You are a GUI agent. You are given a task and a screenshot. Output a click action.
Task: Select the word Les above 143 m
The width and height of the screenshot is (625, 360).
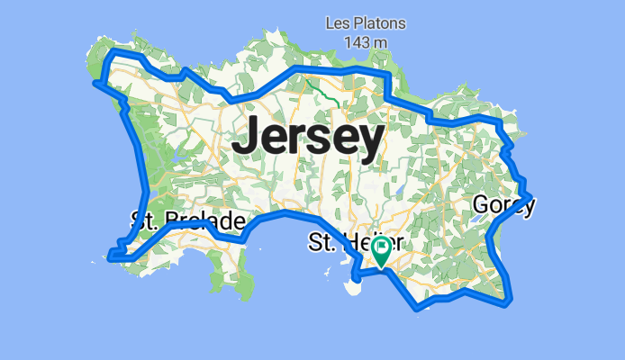[x=340, y=22]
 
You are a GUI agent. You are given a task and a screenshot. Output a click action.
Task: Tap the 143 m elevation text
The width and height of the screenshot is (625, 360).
[x=366, y=41]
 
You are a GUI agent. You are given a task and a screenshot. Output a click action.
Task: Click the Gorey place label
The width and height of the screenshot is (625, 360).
[x=503, y=206]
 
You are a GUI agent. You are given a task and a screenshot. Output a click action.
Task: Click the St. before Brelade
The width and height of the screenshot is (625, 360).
[x=146, y=220]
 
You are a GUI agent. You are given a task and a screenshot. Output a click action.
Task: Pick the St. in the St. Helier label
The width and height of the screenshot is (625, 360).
[x=323, y=243]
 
